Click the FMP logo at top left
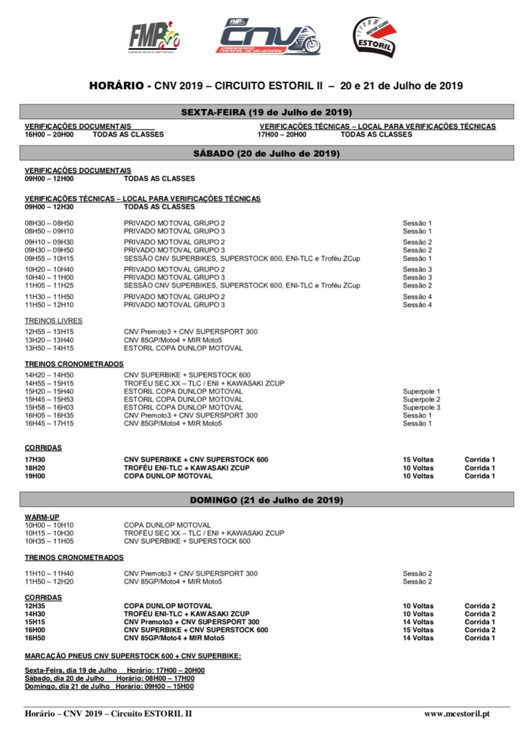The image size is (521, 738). point(154,37)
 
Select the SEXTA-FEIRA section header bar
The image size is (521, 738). point(266,112)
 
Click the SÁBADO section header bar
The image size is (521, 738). point(266,153)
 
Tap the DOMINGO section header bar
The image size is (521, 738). point(266,499)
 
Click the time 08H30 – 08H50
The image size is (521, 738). point(49,223)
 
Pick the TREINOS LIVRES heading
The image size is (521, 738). point(53,320)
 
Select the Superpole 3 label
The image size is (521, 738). point(421,407)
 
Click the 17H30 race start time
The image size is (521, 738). point(34,459)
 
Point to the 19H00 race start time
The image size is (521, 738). point(34,475)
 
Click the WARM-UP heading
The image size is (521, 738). point(42,517)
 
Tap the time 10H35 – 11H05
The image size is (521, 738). point(49,541)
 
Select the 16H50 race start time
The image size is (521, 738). point(34,638)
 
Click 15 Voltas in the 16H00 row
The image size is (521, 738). point(418,630)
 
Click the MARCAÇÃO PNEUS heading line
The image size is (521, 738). point(133,656)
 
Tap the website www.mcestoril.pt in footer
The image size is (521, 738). point(457,713)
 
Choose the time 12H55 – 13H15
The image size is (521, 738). point(49,331)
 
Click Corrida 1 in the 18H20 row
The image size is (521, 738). point(479,467)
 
